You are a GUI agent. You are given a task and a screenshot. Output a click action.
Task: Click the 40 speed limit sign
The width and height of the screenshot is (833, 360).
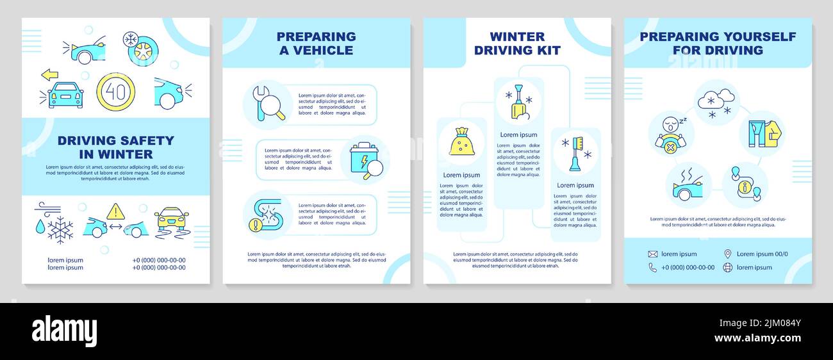pos(115,92)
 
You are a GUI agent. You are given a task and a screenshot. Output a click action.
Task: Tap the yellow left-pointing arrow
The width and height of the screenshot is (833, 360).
pos(49,75)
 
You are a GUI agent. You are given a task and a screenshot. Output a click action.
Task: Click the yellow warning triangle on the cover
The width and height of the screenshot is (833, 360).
pos(115,211)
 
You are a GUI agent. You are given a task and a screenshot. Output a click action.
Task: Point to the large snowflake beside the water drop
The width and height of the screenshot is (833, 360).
pos(60,229)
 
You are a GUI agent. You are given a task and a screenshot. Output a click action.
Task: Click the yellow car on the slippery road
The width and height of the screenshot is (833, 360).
pos(172,221)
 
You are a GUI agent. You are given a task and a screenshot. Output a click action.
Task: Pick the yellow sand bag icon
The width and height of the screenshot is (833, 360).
pos(461,142)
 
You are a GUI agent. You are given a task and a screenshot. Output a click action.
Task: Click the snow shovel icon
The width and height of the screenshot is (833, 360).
pos(518,102)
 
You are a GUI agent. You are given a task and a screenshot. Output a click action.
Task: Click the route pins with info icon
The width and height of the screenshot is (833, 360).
pos(745,184)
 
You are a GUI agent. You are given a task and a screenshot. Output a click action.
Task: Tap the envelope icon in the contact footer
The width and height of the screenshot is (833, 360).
pos(652,254)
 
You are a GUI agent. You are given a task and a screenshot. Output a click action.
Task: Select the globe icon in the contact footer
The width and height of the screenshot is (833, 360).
pos(727,267)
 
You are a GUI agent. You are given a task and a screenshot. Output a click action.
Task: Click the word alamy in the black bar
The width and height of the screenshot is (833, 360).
pos(64,331)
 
